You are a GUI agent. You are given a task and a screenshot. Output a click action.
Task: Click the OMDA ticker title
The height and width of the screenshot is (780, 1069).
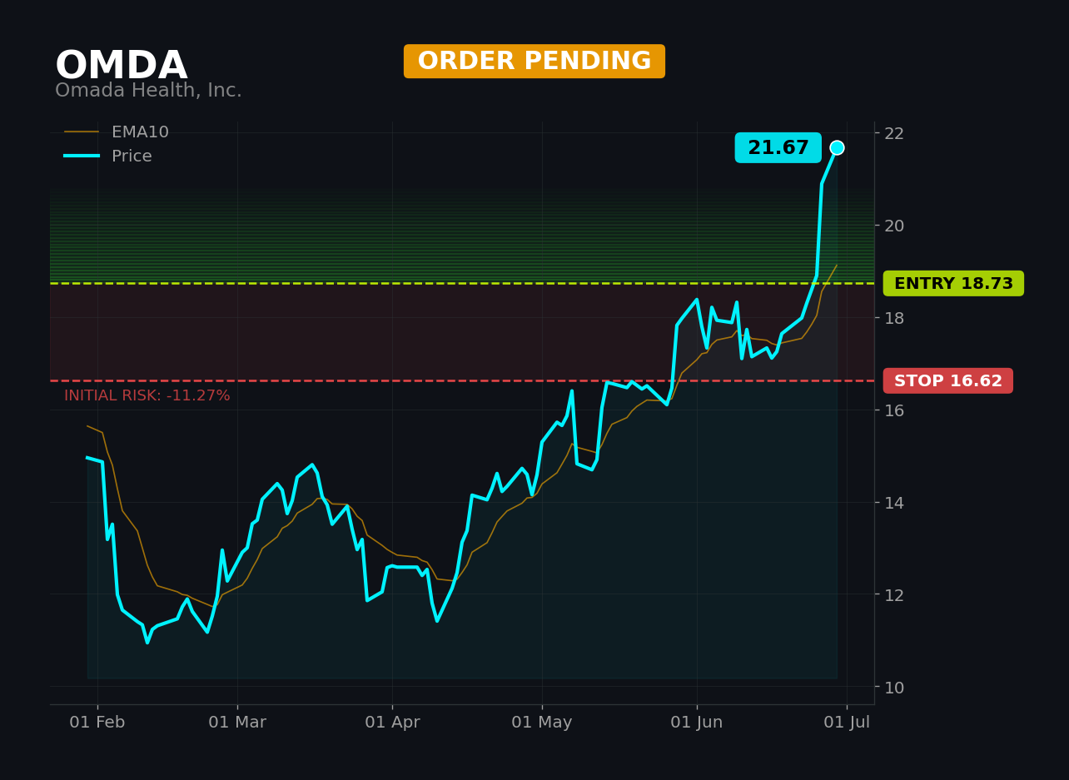pos(122,65)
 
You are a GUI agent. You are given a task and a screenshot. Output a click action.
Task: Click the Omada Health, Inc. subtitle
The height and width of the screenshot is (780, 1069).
pos(148,90)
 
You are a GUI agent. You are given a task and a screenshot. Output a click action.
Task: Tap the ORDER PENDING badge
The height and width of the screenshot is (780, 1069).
pos(534,61)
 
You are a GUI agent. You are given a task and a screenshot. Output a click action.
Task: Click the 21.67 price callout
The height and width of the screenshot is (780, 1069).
pos(778,147)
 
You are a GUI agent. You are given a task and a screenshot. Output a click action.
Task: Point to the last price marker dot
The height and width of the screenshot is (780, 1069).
pos(837,148)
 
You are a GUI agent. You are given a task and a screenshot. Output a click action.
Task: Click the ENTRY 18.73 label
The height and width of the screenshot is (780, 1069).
pos(953,283)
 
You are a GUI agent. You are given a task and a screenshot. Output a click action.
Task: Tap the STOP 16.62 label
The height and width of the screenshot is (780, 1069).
pos(947,380)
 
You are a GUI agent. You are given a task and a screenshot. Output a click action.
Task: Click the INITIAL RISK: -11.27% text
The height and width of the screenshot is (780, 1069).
pos(147,395)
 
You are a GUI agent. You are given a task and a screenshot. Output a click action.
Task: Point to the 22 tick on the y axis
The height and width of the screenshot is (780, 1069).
pos(894,133)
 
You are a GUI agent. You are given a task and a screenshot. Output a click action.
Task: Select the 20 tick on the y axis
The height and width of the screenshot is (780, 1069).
pos(894,226)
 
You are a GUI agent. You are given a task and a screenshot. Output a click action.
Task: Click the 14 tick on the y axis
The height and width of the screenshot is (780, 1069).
pos(894,503)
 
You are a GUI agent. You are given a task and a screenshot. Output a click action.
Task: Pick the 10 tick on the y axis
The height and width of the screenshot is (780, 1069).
pos(894,688)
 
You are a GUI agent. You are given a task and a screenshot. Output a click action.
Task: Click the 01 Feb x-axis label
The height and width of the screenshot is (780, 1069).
pos(97,723)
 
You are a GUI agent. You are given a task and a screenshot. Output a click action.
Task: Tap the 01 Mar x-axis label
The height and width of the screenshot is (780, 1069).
pos(237,723)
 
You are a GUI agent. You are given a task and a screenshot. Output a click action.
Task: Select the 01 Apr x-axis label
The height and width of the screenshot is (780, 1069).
pos(392,723)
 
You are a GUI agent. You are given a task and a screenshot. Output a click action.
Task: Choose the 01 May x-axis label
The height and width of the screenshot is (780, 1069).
pos(542,723)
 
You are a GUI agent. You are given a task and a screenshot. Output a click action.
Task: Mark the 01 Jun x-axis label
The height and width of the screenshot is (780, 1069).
pos(696,723)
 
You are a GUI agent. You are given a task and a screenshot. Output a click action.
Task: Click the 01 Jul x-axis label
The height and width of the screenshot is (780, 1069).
pos(847,723)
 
